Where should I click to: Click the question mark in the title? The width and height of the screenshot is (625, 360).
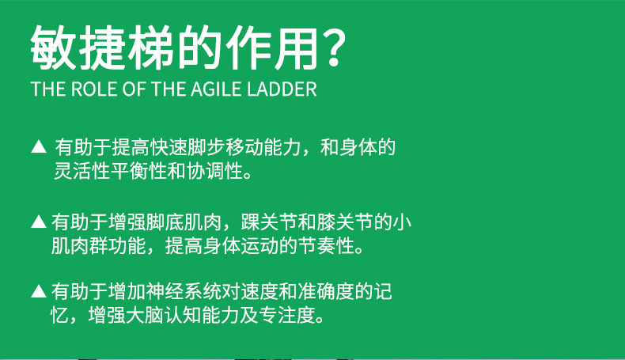pos(333,47)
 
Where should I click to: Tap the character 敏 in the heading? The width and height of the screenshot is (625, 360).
pos(54,47)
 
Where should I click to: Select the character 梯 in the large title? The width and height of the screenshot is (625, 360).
pos(150,47)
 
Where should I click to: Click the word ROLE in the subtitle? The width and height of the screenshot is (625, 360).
pos(94,89)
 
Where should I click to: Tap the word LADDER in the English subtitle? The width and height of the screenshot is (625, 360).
pos(282,89)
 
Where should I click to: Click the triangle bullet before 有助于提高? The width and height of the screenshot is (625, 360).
pos(39,146)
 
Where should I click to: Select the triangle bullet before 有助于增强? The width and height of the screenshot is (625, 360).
pos(39,222)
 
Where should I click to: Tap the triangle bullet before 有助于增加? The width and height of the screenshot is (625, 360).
pos(39,290)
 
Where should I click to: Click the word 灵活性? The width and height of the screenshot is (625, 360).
pos(82,171)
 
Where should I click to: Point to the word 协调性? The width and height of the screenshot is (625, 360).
pos(215,171)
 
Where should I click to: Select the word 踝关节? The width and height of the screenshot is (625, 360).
pos(269,222)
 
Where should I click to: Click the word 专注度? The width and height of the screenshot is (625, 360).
pos(287,316)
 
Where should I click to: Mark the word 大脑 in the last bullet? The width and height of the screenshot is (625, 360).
pos(144,316)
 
